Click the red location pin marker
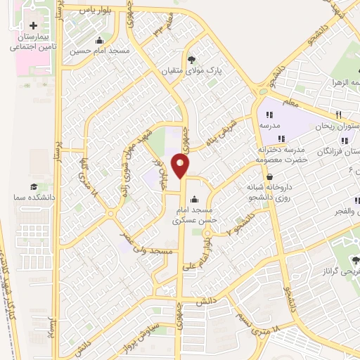point(182,166)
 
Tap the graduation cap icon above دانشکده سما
point(33,186)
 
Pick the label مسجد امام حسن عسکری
point(195,215)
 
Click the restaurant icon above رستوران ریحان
point(338,115)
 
